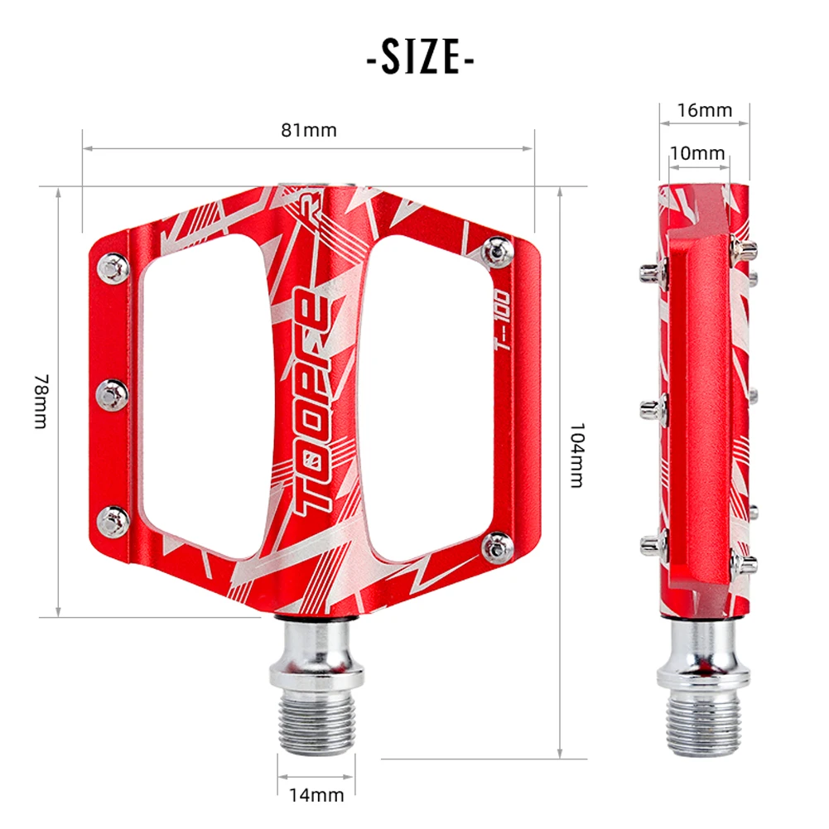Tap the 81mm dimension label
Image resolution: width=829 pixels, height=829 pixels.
pyautogui.click(x=308, y=130)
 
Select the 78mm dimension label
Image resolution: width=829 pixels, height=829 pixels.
pyautogui.click(x=41, y=401)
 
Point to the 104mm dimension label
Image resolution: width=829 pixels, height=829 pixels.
pyautogui.click(x=577, y=455)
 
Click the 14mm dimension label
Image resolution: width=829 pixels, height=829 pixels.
pyautogui.click(x=316, y=796)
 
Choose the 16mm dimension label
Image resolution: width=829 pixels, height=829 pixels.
pyautogui.click(x=704, y=110)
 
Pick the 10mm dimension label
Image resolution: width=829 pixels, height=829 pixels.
pyautogui.click(x=697, y=153)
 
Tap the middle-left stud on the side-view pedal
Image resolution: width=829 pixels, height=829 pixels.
pyautogui.click(x=652, y=407)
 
